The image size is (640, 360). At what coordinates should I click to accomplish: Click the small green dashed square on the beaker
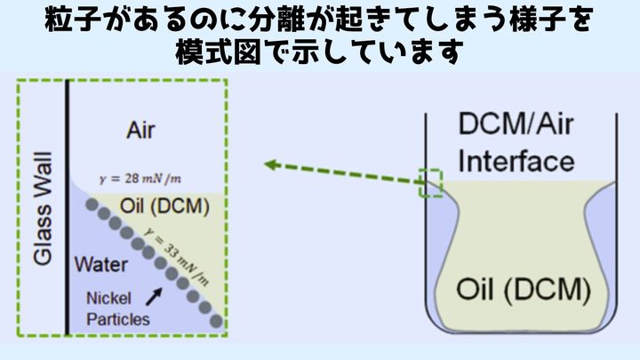[x=430, y=181]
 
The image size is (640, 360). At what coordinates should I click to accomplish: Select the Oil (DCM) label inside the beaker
[x=523, y=288]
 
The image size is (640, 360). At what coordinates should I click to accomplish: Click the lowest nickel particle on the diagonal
[x=217, y=321]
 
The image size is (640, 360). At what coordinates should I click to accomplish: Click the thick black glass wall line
[x=68, y=209]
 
